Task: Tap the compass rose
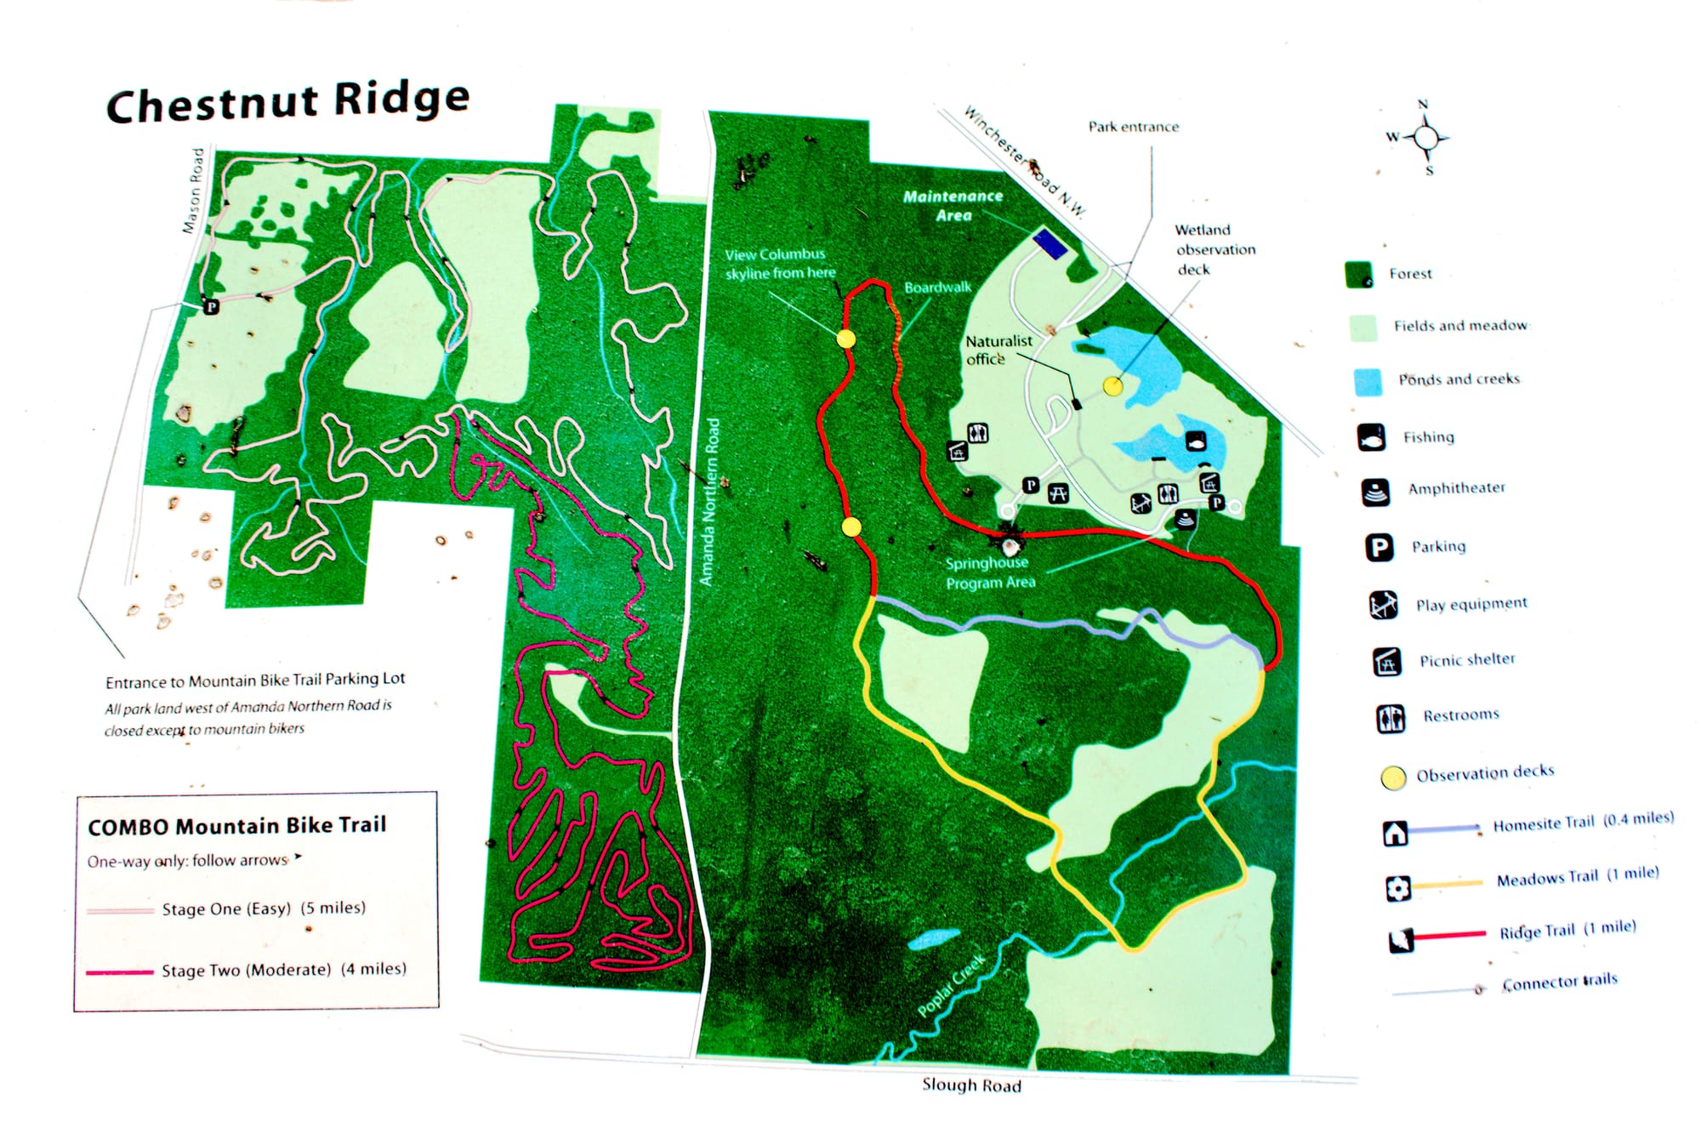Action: [1426, 137]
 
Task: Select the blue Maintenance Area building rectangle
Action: [1050, 243]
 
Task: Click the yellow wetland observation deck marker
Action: [1112, 386]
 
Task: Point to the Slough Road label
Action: [971, 1085]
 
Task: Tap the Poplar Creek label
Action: [952, 984]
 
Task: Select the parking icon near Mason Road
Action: [211, 306]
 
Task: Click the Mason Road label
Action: [194, 191]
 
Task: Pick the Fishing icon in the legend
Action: [1371, 437]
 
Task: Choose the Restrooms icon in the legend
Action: [1391, 718]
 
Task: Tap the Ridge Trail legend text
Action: [1567, 929]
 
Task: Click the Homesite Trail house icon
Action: [1395, 833]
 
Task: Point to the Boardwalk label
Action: [937, 288]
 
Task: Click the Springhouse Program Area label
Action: [989, 573]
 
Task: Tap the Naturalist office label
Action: [998, 350]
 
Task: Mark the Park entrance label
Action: [1133, 127]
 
